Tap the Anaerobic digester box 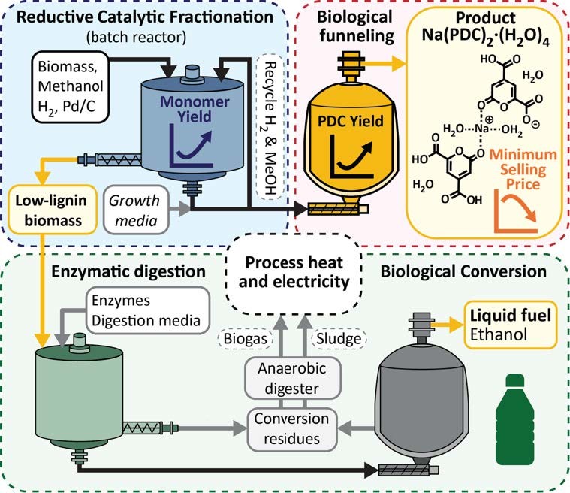(x=288, y=380)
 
